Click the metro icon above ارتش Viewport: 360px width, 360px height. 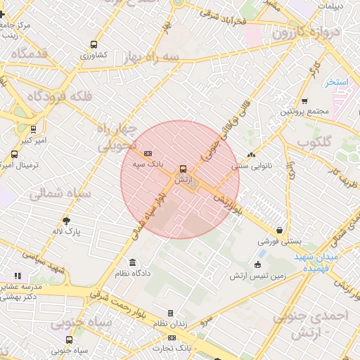pyautogui.click(x=183, y=169)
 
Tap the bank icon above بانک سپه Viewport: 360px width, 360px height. pyautogui.click(x=148, y=153)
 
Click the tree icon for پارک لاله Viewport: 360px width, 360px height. pyautogui.click(x=67, y=220)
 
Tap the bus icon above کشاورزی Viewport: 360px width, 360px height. pyautogui.click(x=94, y=44)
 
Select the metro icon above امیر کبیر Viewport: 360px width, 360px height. pyautogui.click(x=33, y=129)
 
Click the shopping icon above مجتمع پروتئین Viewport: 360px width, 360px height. pyautogui.click(x=304, y=101)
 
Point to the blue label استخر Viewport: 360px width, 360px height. pyautogui.click(x=337, y=82)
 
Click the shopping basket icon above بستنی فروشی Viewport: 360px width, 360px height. pyautogui.click(x=280, y=230)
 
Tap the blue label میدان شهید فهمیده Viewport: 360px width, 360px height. pyautogui.click(x=316, y=262)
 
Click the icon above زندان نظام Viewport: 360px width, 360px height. pyautogui.click(x=169, y=313)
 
